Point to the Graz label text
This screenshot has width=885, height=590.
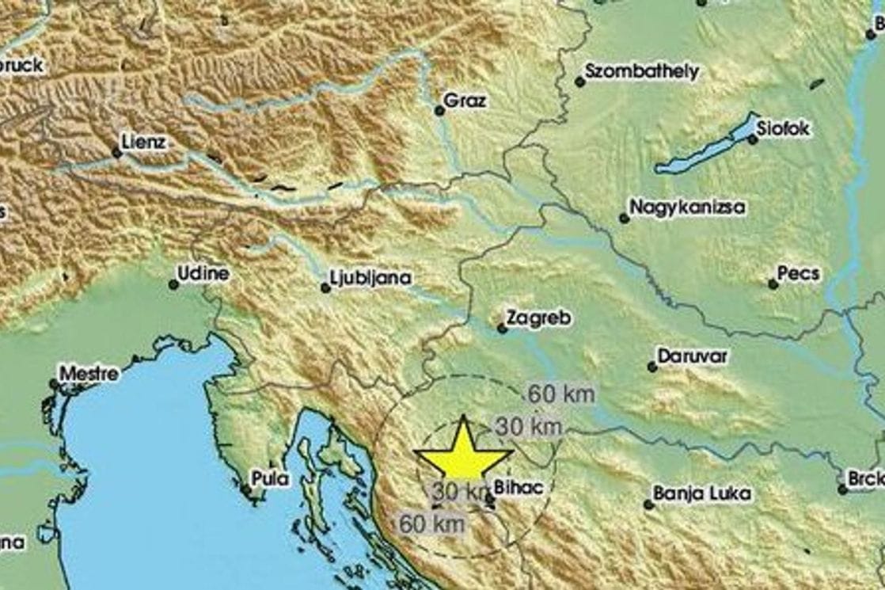[465, 101]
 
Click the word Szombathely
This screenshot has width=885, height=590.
[642, 71]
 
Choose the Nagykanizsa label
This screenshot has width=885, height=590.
[687, 207]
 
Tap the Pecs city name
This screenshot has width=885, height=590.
[798, 274]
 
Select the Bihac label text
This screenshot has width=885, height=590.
[518, 488]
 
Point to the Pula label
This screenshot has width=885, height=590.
[270, 478]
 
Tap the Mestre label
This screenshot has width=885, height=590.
[89, 373]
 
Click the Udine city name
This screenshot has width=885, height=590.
[203, 274]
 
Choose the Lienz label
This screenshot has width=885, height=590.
[144, 143]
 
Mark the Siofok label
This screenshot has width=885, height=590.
[783, 128]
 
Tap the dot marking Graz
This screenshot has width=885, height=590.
[439, 111]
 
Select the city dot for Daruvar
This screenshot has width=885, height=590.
[651, 367]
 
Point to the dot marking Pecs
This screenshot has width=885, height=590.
[773, 284]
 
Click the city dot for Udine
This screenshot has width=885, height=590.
[173, 284]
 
